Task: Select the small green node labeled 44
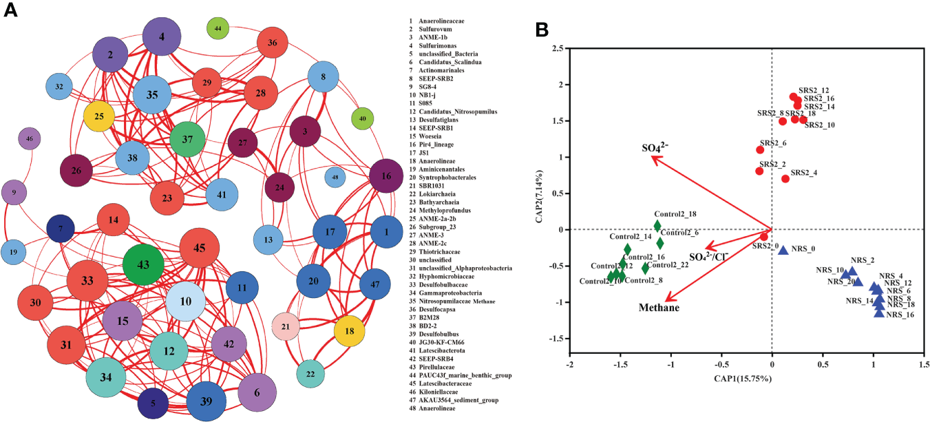click(218, 28)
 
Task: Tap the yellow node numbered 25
click(99, 116)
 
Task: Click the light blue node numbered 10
click(185, 302)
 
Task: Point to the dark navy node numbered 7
click(61, 228)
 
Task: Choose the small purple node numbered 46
click(29, 138)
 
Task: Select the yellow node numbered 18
click(344, 331)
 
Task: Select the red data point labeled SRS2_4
click(785, 179)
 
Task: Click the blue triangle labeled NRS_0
click(783, 250)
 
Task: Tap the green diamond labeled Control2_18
click(657, 226)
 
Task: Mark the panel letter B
click(542, 30)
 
